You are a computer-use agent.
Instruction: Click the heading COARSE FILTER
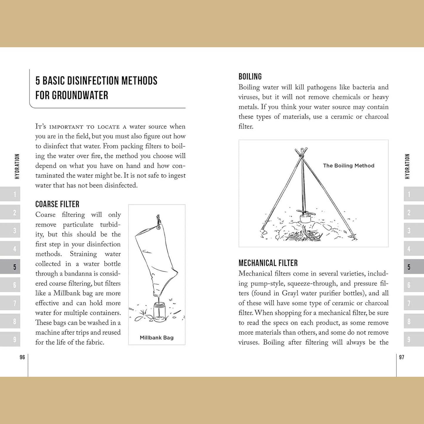tap(57, 204)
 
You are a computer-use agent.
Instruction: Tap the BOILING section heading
tap(250, 77)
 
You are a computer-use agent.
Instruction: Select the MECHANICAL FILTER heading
tap(268, 263)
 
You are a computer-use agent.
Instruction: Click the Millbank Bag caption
tap(157, 337)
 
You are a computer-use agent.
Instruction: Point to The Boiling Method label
tap(349, 166)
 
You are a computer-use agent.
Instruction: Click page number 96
tap(22, 357)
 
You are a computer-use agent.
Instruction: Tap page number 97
tap(402, 357)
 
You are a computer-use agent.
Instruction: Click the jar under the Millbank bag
tap(160, 313)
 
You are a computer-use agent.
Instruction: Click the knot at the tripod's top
tap(301, 154)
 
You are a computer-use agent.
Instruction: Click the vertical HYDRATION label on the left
tap(17, 166)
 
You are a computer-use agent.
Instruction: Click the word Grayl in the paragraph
tap(290, 293)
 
